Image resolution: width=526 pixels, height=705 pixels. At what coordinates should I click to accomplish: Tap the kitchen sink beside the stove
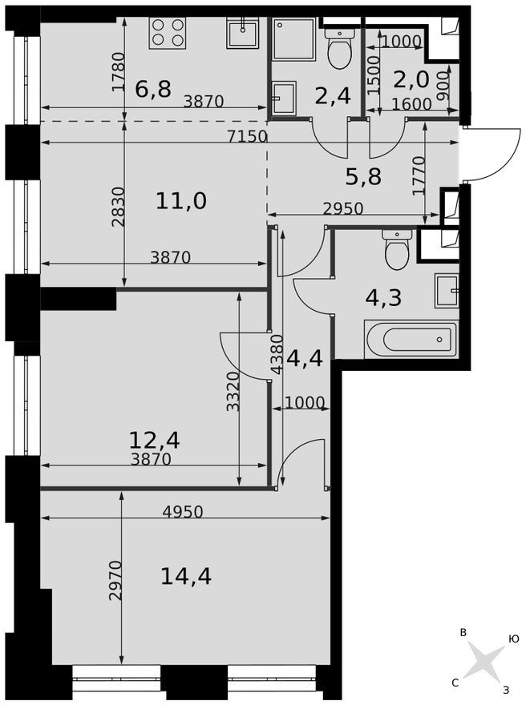coord(241,34)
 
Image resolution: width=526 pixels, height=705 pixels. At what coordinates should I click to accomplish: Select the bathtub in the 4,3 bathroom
coord(411,339)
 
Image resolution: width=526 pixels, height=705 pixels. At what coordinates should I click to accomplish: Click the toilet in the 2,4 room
coord(340,50)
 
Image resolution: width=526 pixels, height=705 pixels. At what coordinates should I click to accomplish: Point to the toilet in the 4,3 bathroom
coord(398,250)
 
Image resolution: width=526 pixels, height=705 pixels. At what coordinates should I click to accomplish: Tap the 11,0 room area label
coord(181,200)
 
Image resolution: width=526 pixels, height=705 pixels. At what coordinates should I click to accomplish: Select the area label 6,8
coord(152,89)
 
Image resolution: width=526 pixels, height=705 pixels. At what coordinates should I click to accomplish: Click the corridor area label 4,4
coord(305,358)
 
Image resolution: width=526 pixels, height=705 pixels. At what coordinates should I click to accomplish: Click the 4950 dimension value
coord(182,511)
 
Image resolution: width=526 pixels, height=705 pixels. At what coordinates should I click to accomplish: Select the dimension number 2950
coord(343,208)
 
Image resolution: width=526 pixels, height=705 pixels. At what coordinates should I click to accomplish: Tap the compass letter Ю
coord(513,639)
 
